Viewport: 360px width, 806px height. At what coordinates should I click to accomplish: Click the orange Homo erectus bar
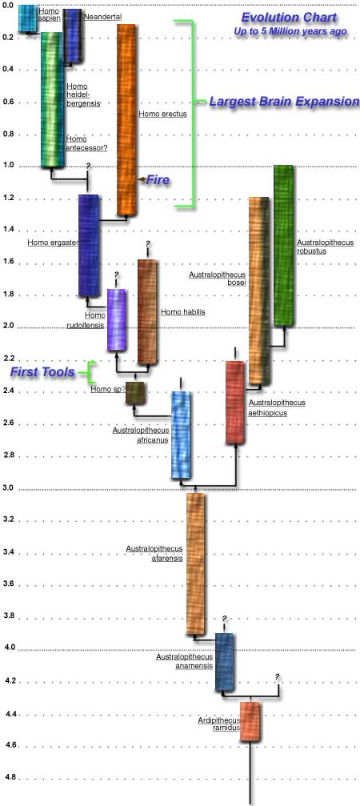127,119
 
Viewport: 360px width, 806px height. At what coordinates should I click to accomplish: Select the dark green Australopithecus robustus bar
283,245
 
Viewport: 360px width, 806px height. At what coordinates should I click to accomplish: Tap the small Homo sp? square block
135,393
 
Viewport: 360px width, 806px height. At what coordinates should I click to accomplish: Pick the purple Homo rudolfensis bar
116,319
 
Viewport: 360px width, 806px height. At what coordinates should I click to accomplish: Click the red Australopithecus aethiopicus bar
234,402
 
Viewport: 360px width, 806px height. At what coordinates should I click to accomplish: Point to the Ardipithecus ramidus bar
250,721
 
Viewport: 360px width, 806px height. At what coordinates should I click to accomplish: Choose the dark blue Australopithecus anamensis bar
225,662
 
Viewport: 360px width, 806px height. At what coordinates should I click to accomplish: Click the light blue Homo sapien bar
27,18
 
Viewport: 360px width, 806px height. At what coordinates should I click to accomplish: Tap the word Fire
157,180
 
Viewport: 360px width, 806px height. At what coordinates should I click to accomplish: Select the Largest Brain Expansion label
284,102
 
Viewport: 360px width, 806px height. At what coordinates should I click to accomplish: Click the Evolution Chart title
289,18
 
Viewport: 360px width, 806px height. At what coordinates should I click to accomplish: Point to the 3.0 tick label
8,488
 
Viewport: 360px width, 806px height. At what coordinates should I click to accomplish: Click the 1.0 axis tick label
8,166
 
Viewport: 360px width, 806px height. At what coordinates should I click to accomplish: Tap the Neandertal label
102,17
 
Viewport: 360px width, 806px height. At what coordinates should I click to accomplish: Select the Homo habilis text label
183,311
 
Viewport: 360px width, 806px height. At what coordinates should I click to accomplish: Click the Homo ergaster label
51,242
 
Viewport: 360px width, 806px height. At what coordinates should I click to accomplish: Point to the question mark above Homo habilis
147,243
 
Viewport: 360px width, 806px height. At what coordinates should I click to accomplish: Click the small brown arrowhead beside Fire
140,179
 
